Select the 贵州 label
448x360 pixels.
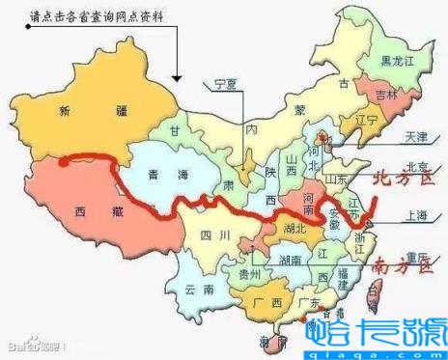(x=248, y=274)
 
